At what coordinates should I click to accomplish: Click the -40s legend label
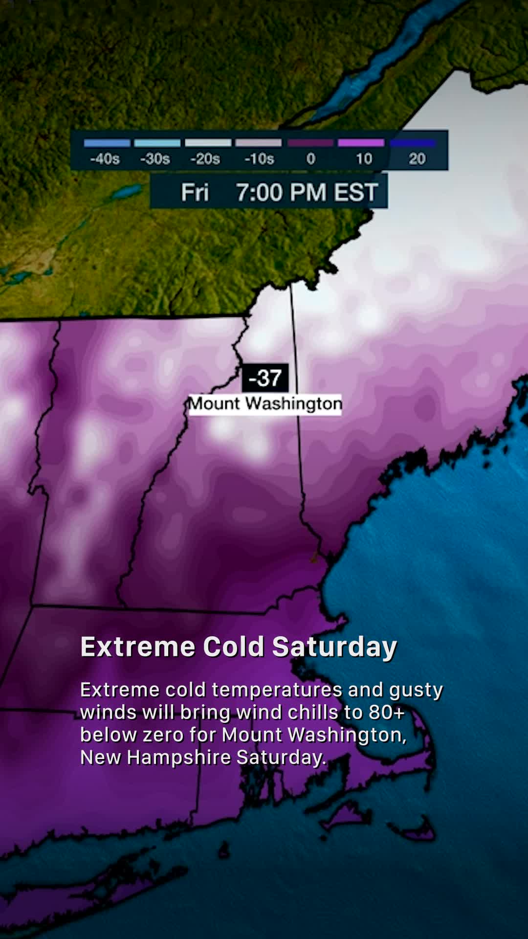(x=105, y=159)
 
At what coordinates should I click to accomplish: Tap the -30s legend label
(x=155, y=159)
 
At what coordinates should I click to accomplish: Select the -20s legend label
(x=205, y=159)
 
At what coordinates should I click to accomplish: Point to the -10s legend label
(x=259, y=159)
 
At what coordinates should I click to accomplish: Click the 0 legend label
(x=311, y=159)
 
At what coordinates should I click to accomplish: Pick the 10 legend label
(x=364, y=159)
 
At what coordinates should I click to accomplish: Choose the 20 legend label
(x=417, y=159)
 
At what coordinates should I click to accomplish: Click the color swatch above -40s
(x=107, y=143)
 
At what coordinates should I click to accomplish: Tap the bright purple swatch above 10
(x=361, y=143)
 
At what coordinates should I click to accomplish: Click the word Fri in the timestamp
(x=195, y=192)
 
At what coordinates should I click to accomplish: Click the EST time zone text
(x=355, y=192)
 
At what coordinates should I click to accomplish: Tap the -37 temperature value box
(x=265, y=378)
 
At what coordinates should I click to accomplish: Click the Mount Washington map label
(x=265, y=404)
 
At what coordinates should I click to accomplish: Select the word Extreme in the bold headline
(x=138, y=647)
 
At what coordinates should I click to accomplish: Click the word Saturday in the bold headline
(x=334, y=647)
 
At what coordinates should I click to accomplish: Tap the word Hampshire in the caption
(x=179, y=758)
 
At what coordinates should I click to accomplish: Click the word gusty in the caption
(x=416, y=690)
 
